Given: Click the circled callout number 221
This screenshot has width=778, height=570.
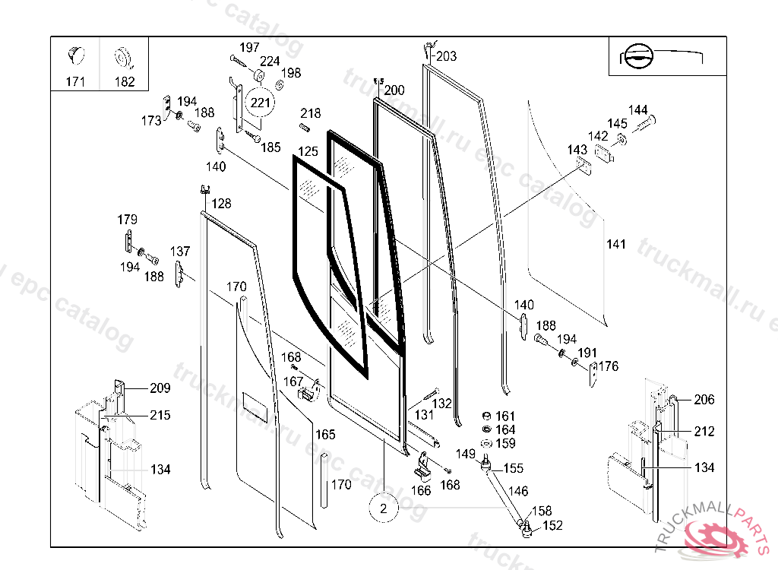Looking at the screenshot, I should (261, 102).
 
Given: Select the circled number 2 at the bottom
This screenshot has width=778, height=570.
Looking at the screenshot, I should (384, 508).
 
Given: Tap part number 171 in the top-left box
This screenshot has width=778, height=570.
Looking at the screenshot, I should (76, 81).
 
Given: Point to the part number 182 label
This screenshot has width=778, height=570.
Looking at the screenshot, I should (124, 81).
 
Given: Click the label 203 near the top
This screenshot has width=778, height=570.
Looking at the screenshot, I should (446, 56).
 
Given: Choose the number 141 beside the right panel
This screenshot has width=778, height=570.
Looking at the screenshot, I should (616, 244).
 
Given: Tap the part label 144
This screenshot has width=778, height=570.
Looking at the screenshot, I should (637, 110).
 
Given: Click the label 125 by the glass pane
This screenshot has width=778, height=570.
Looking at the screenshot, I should (307, 152).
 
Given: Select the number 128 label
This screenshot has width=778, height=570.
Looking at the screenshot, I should (221, 204).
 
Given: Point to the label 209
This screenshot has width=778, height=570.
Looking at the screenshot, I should (160, 388).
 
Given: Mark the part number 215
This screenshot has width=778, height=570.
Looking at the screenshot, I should (160, 415).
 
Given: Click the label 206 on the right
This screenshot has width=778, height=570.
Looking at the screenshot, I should (704, 400).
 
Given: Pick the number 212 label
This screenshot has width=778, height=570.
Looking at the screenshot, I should (704, 432).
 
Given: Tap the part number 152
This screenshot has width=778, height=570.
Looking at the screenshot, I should (552, 525).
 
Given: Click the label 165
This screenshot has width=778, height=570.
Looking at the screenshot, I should (325, 435).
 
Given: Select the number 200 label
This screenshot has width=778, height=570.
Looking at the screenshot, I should (394, 90).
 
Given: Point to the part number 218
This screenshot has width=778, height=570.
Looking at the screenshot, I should (310, 113).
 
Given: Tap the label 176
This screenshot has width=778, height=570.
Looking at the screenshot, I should (609, 366).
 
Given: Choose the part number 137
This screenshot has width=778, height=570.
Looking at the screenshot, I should (180, 252).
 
